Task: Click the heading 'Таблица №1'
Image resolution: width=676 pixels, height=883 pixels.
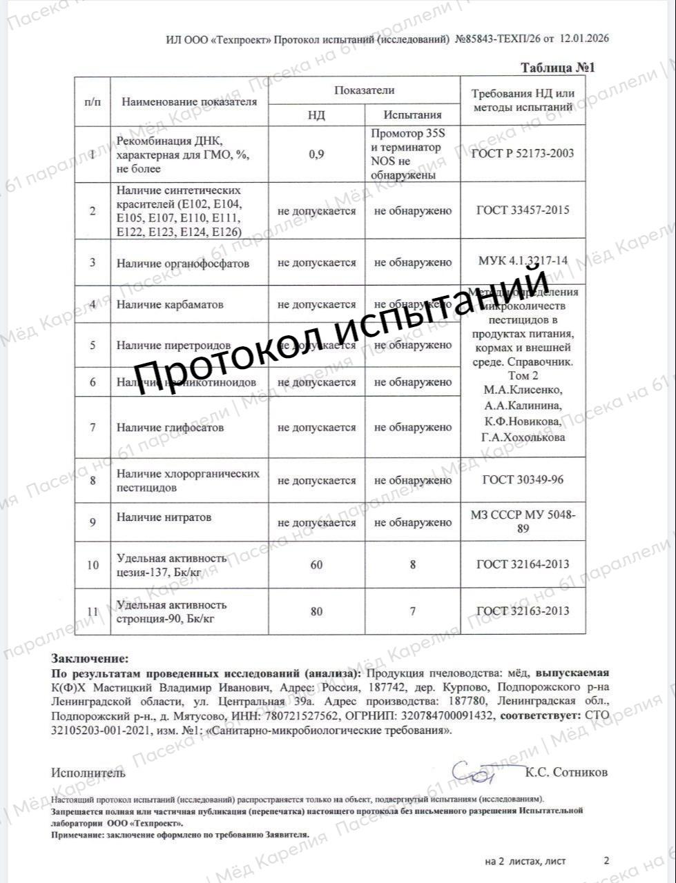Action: click(x=557, y=68)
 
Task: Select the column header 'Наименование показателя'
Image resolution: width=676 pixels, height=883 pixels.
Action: click(x=189, y=101)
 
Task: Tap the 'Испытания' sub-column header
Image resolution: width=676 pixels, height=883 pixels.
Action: click(x=412, y=115)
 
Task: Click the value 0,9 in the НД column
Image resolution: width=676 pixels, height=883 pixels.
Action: click(x=316, y=154)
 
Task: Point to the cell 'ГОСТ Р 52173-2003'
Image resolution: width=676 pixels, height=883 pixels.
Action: click(x=522, y=154)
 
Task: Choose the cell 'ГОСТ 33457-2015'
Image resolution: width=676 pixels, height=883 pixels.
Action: click(x=523, y=210)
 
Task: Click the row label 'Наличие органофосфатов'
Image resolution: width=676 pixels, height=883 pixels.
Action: click(x=182, y=263)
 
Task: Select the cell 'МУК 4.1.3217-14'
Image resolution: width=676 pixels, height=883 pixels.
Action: click(x=523, y=261)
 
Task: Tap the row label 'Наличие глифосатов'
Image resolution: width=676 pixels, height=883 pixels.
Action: click(x=170, y=428)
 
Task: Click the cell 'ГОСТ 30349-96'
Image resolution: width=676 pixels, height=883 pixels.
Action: click(x=523, y=479)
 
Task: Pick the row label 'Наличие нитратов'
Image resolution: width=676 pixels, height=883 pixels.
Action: click(x=164, y=517)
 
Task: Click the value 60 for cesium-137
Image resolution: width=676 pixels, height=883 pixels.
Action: click(x=316, y=565)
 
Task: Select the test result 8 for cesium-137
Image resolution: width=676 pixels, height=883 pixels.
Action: click(x=413, y=565)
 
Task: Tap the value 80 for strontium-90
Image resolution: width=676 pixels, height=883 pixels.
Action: click(x=316, y=611)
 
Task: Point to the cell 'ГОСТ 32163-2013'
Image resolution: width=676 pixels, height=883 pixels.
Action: click(x=523, y=611)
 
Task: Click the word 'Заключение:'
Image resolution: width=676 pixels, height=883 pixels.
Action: click(x=90, y=659)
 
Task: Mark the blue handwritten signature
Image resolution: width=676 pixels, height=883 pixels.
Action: click(x=474, y=772)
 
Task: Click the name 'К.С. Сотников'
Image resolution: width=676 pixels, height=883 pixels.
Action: click(x=566, y=773)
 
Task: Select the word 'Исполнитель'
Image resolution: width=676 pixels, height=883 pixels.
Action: click(x=88, y=773)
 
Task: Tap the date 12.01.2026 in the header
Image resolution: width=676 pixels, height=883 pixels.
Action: click(x=584, y=39)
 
